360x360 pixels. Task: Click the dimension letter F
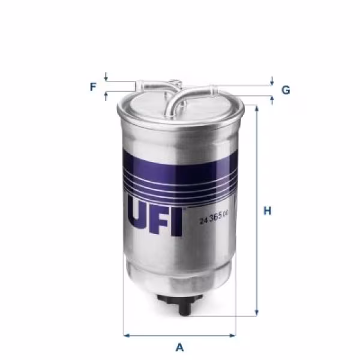coord(93,87)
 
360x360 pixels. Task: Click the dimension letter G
coord(286,91)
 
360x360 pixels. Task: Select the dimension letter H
coord(268,211)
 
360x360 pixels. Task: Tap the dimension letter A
coord(179,347)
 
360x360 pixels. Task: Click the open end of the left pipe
coord(137,86)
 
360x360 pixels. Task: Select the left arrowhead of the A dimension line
coord(125,335)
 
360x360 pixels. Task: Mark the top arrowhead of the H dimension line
coord(257,109)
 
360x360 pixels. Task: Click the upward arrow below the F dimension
coord(106,95)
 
